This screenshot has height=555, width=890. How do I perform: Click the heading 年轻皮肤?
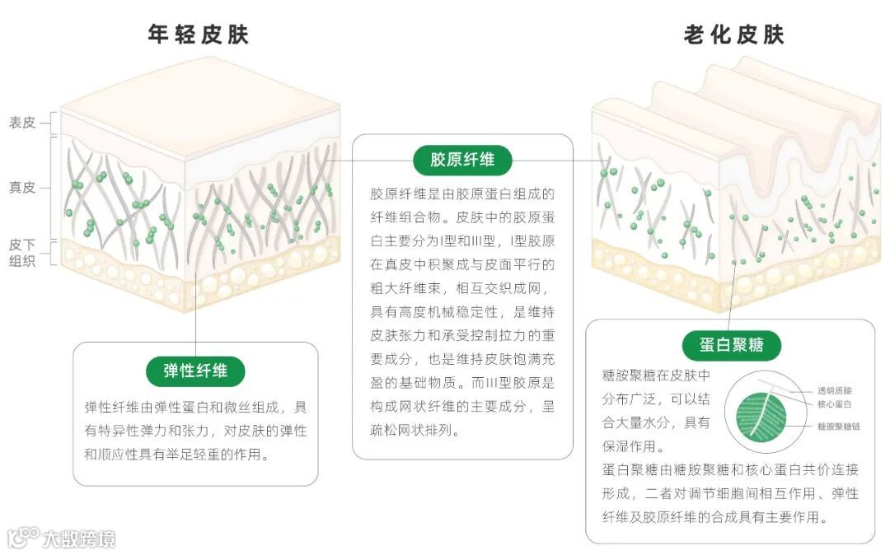click(198, 35)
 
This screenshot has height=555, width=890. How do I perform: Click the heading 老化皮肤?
click(733, 35)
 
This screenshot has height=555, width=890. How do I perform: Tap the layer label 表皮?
click(22, 123)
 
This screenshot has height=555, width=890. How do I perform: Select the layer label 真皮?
click(22, 188)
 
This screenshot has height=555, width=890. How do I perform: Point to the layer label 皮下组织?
click(22, 254)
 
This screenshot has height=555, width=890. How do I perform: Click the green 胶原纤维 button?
click(462, 159)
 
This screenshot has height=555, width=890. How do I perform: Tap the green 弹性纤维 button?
click(195, 370)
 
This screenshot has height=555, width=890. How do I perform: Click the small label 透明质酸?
click(834, 390)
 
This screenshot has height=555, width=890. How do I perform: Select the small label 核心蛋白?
click(834, 404)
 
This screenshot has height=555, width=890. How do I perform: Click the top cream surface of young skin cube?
click(200, 104)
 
